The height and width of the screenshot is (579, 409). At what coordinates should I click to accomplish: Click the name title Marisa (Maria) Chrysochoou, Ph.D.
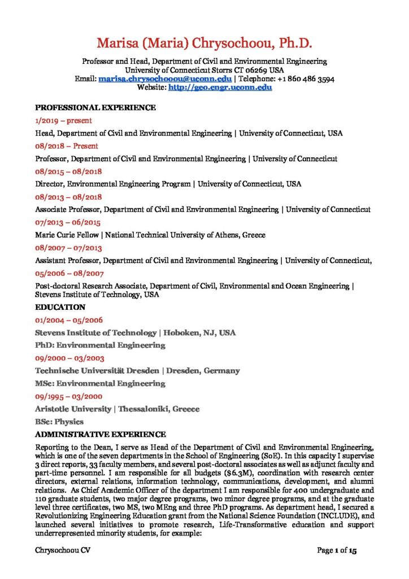click(204, 44)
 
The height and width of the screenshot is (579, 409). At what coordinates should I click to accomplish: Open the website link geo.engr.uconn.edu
click(220, 88)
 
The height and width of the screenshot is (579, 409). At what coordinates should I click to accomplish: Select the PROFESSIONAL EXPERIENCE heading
click(95, 107)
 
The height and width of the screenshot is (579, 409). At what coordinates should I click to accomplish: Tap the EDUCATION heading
click(60, 308)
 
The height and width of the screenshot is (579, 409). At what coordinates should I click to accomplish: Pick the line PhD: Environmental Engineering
click(100, 345)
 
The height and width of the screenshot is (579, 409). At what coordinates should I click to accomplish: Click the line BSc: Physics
click(59, 421)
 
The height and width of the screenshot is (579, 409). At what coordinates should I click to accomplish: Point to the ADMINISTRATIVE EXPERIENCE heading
click(101, 434)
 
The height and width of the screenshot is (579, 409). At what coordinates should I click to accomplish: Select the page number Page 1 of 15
click(337, 550)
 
